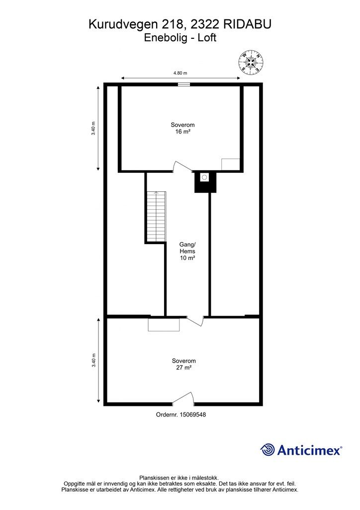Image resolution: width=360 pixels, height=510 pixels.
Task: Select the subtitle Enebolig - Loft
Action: tap(180, 38)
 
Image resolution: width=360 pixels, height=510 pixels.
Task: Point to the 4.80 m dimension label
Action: tap(180, 73)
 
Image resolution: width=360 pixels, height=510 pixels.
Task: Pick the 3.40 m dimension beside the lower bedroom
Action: tap(93, 360)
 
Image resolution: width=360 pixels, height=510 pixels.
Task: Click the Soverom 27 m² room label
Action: tap(183, 364)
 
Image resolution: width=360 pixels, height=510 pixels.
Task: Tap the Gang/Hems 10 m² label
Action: tap(187, 251)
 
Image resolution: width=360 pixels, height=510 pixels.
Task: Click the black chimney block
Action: tap(205, 182)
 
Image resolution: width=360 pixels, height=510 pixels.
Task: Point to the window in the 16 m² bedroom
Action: tap(183, 85)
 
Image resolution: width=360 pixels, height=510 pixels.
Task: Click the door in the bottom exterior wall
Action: tap(183, 399)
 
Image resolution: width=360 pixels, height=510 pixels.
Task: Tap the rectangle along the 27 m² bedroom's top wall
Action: tap(164, 324)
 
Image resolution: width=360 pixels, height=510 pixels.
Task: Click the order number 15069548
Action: tap(180, 414)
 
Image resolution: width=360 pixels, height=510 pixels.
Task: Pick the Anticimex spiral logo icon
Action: tap(268, 450)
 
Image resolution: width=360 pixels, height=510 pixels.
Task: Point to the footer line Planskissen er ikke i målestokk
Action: tap(180, 477)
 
